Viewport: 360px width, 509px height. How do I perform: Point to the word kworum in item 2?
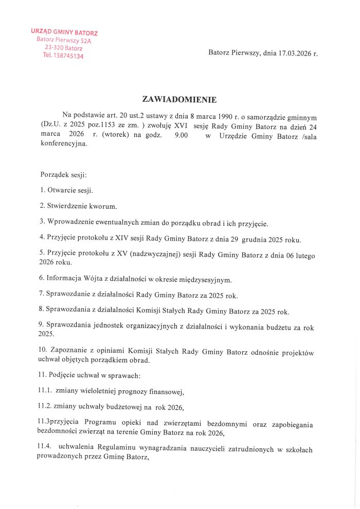pos(103,207)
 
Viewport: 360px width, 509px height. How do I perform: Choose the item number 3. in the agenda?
pos(43,223)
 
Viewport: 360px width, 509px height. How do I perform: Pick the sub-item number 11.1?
pos(46,391)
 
